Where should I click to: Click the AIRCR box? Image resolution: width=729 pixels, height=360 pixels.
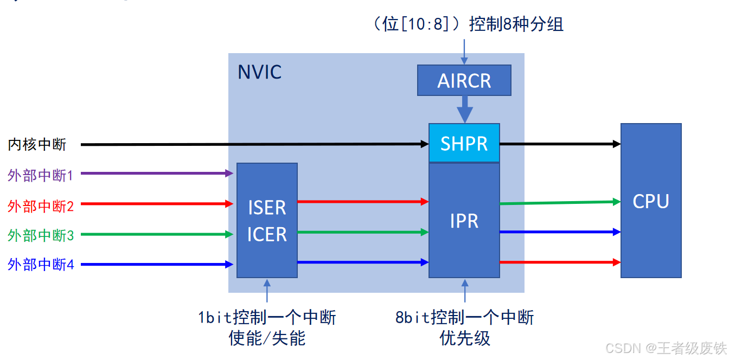(464, 80)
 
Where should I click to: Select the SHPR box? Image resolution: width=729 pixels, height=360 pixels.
(464, 143)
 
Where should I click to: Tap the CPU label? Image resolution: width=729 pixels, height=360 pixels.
(650, 201)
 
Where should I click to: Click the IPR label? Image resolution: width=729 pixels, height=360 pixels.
(464, 221)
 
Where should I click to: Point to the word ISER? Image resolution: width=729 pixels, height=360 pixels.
(267, 208)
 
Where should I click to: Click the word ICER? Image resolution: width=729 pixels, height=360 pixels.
(267, 234)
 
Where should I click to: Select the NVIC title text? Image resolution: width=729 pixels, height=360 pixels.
(259, 72)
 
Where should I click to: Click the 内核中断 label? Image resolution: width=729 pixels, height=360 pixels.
(37, 144)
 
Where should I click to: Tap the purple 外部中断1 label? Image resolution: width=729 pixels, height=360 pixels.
(40, 175)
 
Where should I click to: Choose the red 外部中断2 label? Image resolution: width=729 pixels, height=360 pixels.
(40, 205)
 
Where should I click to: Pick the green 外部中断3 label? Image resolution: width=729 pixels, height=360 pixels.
(40, 235)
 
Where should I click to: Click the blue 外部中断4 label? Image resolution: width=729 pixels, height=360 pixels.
(40, 265)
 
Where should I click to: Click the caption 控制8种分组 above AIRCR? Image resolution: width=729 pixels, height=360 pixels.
(516, 24)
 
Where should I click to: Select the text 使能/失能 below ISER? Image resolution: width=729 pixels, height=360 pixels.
(267, 338)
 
